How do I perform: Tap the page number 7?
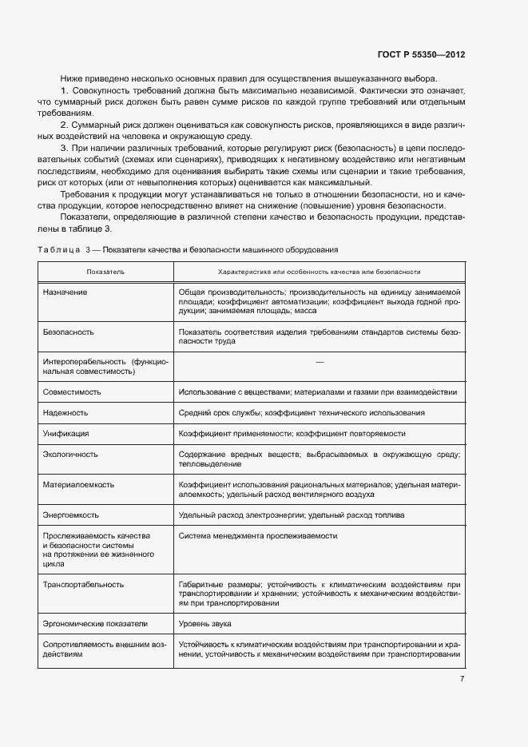tap(462, 678)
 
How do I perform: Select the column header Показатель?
tap(105, 272)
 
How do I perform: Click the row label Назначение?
tap(66, 292)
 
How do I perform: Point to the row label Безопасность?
tap(69, 331)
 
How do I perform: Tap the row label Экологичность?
tap(70, 454)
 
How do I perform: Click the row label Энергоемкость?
tap(72, 515)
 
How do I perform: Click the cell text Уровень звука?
tap(205, 624)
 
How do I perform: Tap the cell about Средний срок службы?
tap(302, 413)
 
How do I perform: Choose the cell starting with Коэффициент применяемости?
tap(292, 433)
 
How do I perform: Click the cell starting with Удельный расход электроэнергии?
tap(292, 515)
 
